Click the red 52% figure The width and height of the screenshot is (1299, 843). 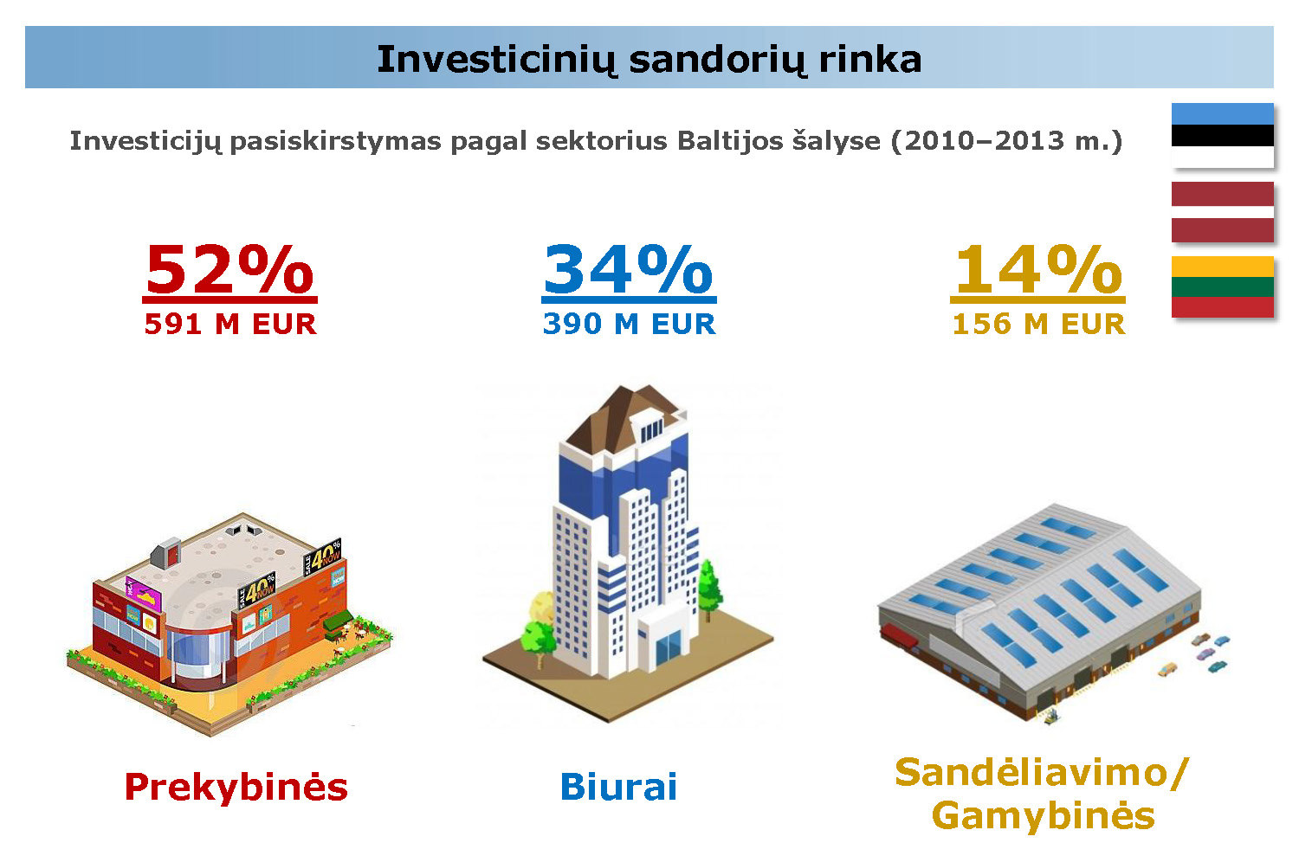(x=229, y=269)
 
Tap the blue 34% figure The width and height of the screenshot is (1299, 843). (x=629, y=269)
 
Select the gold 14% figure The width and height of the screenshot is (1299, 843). (x=1038, y=269)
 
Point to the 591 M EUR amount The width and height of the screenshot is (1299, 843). (x=230, y=324)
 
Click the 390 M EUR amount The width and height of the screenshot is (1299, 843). (x=630, y=324)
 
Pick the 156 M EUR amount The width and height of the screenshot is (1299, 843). (x=1038, y=324)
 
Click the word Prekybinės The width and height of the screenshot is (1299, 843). (x=236, y=788)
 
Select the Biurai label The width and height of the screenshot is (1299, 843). (x=619, y=787)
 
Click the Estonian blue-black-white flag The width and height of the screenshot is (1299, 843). (x=1223, y=136)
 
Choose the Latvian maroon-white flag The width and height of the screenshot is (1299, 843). (x=1223, y=211)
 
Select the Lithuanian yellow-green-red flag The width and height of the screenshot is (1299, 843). (x=1223, y=286)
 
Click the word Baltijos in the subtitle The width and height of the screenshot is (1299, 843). (x=730, y=141)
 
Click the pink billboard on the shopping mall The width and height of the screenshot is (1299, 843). (x=144, y=594)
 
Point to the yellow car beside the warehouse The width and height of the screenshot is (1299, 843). (x=1167, y=670)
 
